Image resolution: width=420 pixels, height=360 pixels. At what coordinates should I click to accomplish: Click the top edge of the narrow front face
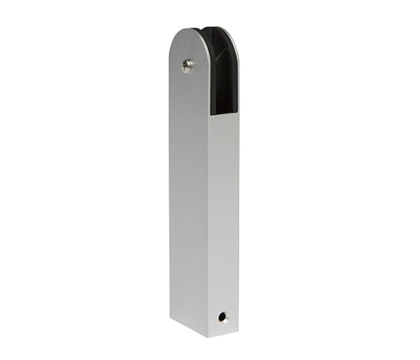224,115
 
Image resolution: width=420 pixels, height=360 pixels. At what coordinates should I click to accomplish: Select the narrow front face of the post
224,221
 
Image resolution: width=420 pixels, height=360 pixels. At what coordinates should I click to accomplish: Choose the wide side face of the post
188,197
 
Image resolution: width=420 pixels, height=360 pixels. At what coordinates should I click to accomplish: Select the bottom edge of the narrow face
224,332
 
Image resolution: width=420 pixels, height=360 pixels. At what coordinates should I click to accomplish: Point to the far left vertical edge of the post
170,197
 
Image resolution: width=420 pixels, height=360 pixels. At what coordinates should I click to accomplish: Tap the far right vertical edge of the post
238,221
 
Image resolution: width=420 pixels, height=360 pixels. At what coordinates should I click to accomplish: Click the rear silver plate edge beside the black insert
236,79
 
